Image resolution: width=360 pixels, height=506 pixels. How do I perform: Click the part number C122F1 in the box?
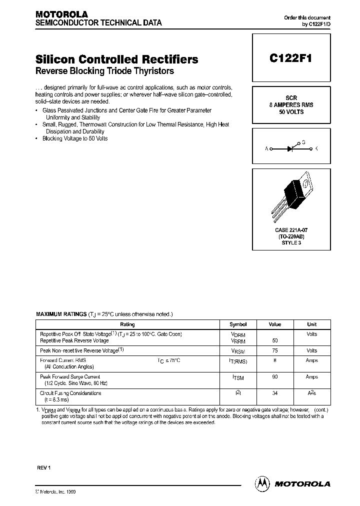click(290, 58)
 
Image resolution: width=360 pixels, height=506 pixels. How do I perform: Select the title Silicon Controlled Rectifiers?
click(117, 59)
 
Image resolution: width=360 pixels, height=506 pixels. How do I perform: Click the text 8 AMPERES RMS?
click(291, 105)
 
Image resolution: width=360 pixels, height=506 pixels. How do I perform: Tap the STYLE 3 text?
click(291, 243)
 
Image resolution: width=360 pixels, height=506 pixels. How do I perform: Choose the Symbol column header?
click(238, 324)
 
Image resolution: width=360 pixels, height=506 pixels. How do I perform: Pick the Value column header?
click(274, 324)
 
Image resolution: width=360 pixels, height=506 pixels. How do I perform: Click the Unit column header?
click(311, 324)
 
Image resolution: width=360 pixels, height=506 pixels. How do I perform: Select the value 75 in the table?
click(274, 351)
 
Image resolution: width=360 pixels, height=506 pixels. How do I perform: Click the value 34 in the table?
click(274, 393)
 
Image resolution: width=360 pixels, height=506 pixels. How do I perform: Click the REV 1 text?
click(44, 467)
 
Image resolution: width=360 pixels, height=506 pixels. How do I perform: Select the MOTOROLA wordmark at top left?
click(61, 14)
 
